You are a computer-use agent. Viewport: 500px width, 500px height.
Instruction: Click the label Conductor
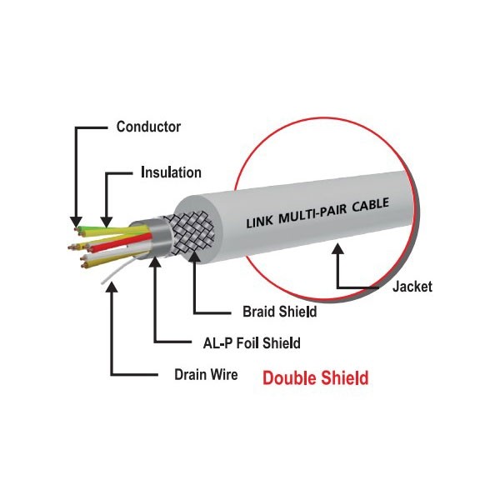point(148,127)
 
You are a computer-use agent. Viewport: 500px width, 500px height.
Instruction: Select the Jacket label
point(412,287)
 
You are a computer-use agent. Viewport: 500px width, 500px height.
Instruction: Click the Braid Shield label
point(279,312)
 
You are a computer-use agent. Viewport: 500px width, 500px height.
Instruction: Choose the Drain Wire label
point(204,374)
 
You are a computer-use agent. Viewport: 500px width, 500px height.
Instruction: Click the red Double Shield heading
point(315,377)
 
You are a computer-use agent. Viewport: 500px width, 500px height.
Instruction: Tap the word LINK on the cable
point(262,222)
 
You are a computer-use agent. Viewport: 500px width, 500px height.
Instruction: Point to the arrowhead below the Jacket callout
point(338,250)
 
